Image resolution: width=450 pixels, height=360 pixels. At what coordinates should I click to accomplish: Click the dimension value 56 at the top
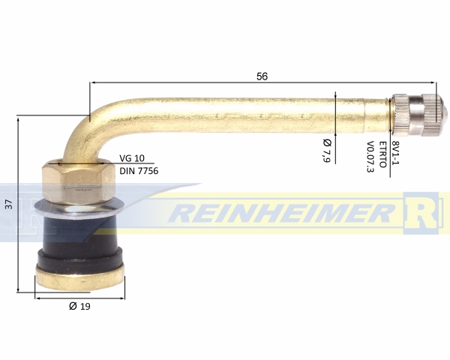point(262,76)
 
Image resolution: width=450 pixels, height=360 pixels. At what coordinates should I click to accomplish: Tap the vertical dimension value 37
point(9,204)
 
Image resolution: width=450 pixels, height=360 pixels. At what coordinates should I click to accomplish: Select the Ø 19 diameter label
point(79,306)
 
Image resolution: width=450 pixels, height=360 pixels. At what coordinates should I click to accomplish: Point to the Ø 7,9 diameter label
point(327,151)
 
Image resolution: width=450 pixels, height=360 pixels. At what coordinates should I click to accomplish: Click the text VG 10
point(132,158)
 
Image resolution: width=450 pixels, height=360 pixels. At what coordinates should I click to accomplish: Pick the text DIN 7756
point(139,171)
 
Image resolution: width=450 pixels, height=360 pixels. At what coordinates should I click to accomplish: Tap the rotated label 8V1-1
point(396,153)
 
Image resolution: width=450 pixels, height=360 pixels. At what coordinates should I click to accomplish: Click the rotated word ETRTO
point(383,154)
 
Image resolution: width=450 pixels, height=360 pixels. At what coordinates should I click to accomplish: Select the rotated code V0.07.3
point(370,157)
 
